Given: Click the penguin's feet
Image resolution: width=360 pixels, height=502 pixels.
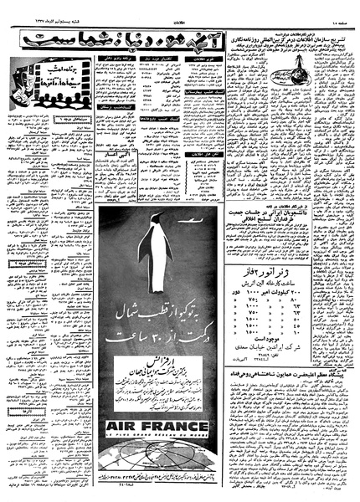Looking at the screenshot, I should coord(157,292).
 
